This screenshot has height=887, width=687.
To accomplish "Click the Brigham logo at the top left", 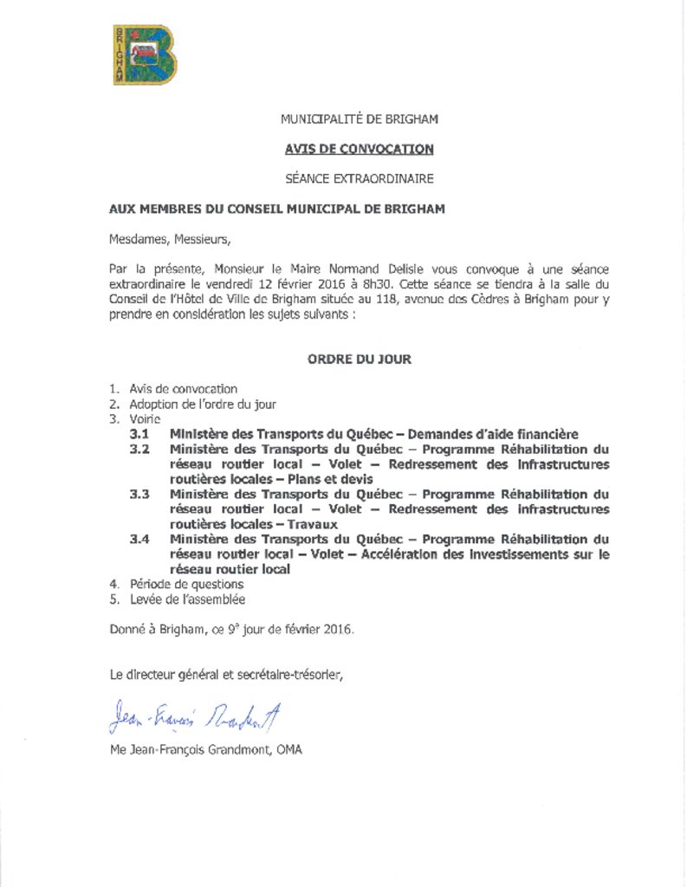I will pyautogui.click(x=145, y=55).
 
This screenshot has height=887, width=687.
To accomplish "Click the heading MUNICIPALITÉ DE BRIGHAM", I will pyautogui.click(x=359, y=119).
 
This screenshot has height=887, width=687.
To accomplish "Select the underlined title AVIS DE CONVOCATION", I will pyautogui.click(x=359, y=149).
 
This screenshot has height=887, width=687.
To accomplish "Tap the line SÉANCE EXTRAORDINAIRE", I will pyautogui.click(x=359, y=179).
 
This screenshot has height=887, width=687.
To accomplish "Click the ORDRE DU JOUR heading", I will pyautogui.click(x=359, y=359).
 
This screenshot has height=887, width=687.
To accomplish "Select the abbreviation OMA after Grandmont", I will pyautogui.click(x=289, y=750).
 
